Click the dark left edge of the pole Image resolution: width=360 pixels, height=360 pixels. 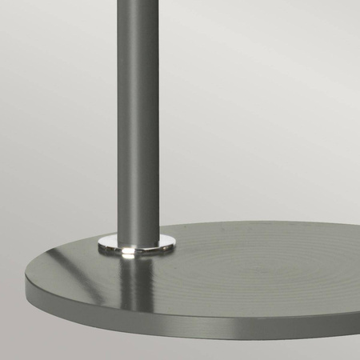click(119, 120)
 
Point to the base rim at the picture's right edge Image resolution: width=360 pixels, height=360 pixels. click(356, 300)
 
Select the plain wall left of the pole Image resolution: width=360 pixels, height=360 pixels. click(56, 120)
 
